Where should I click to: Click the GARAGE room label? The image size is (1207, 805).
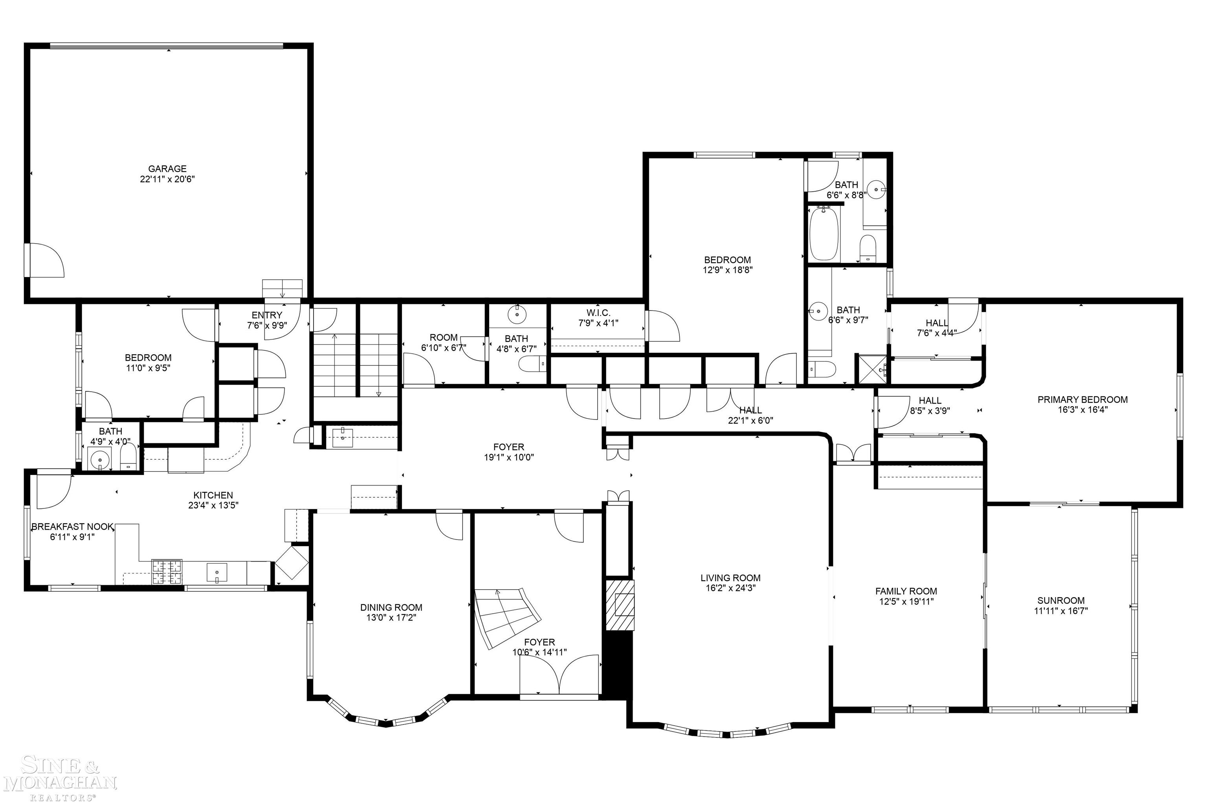tap(167, 169)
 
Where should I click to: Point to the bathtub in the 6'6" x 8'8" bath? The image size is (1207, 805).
tap(824, 234)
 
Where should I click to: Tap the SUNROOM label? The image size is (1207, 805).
tap(1061, 601)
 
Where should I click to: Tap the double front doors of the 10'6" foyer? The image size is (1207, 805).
tap(559, 677)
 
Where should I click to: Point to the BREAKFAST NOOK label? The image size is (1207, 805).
tap(72, 527)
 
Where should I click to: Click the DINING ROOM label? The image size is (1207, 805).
tap(391, 608)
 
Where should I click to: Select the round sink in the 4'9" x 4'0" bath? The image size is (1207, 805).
tap(99, 458)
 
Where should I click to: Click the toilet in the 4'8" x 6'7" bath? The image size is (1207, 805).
tap(532, 364)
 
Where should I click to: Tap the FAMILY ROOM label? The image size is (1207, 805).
tap(906, 591)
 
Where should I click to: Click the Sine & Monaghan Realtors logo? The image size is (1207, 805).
tap(59, 777)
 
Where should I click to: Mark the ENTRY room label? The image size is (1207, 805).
tap(266, 315)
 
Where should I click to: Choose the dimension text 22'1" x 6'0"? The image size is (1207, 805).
tap(750, 420)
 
